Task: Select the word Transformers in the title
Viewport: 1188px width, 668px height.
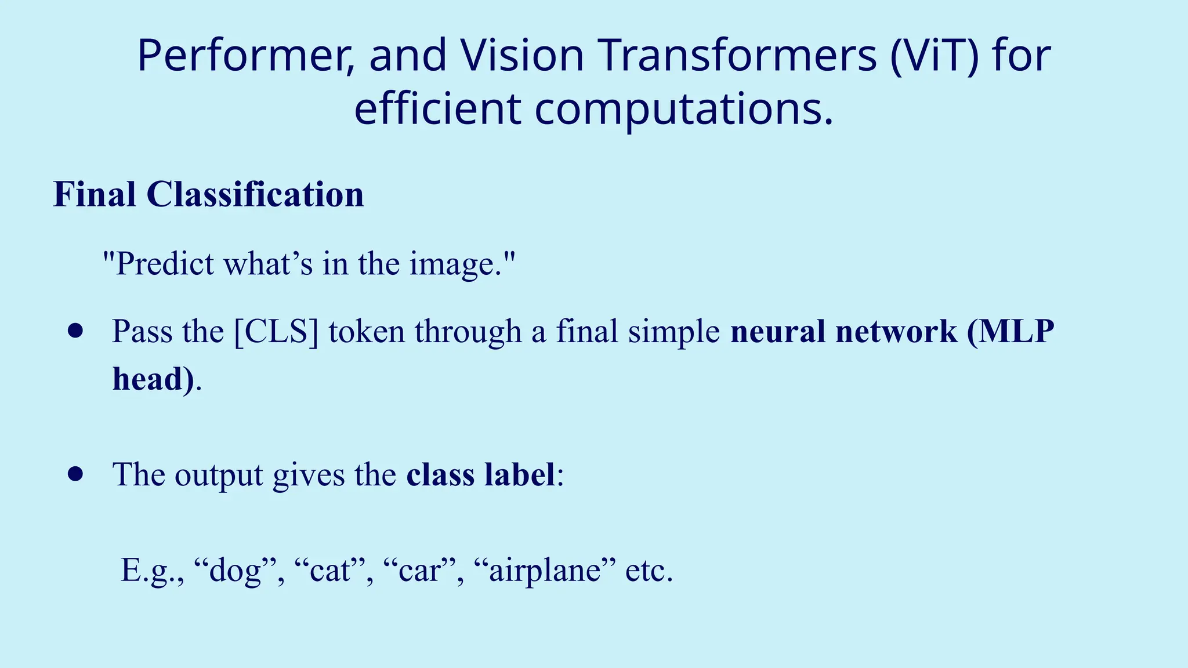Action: click(x=737, y=56)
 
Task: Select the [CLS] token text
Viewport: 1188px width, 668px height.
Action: click(x=276, y=332)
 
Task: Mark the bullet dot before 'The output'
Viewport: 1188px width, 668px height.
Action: click(x=75, y=474)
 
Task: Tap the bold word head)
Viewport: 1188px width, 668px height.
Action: click(x=153, y=380)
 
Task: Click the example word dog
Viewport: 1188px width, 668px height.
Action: click(x=235, y=571)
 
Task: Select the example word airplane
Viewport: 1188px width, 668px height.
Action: click(x=545, y=571)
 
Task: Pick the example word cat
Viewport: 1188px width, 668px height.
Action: click(x=330, y=571)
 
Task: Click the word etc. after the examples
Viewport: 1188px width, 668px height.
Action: click(x=649, y=571)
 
